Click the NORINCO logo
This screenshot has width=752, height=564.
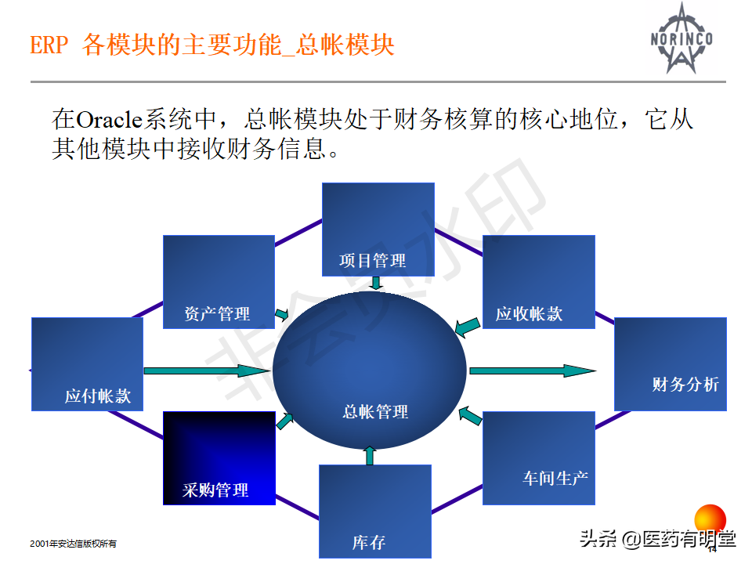[680, 38]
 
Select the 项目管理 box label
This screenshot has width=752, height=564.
[373, 260]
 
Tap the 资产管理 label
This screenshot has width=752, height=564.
[217, 314]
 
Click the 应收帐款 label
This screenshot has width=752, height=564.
[529, 315]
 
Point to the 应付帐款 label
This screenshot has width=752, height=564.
[98, 396]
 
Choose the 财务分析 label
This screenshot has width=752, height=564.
[685, 385]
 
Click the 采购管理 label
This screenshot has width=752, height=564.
[215, 490]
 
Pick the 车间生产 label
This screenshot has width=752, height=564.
[555, 477]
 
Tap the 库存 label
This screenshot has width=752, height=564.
[368, 542]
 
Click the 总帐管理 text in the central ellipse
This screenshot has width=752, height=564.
[375, 411]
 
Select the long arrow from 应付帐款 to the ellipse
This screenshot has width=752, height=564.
[207, 371]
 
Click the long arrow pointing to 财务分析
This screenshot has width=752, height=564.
[533, 371]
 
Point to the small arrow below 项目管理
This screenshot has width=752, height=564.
[376, 283]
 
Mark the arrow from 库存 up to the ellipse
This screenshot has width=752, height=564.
[371, 456]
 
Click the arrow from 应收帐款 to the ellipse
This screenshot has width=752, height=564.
[468, 326]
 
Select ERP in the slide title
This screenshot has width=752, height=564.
[49, 45]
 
